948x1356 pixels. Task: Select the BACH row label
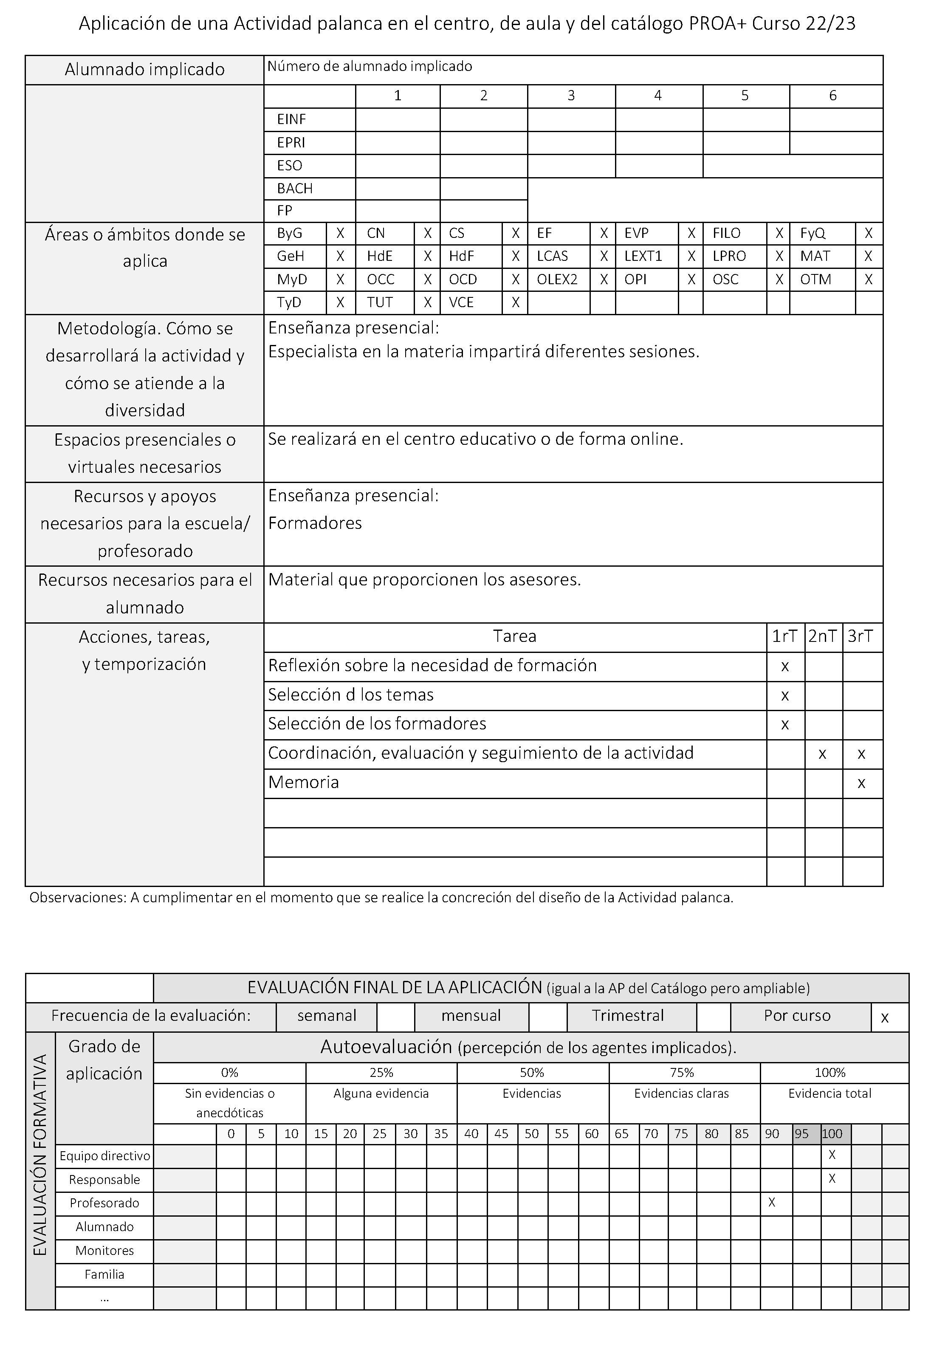pos(295,188)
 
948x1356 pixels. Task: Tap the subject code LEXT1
pos(643,256)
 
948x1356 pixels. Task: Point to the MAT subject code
pos(815,256)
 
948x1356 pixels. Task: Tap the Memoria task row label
pos(304,783)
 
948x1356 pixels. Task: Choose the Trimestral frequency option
pos(628,1016)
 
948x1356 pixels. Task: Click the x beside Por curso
pos(885,1017)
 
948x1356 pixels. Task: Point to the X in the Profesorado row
pos(771,1202)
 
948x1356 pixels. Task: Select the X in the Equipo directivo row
pos(832,1155)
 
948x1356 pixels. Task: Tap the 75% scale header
pos(682,1073)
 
